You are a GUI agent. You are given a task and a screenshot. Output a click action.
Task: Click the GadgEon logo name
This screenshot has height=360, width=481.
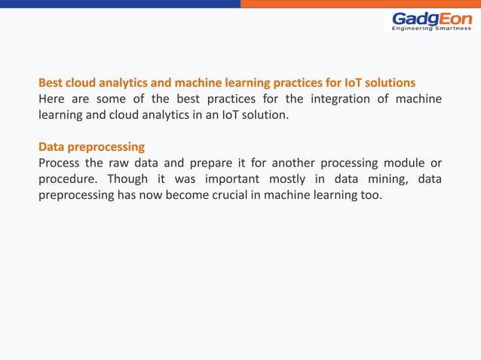coord(432,18)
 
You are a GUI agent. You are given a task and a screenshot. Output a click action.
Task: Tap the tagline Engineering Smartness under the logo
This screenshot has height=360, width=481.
coord(432,29)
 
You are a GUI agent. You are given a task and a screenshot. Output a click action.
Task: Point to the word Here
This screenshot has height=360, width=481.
coord(52,99)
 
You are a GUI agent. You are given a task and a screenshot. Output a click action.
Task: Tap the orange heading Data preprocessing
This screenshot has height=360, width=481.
coord(91,146)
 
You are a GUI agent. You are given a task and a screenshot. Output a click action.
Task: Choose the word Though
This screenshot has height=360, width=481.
coord(127,180)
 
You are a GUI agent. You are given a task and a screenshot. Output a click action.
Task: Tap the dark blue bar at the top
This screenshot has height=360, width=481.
coord(121,4)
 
